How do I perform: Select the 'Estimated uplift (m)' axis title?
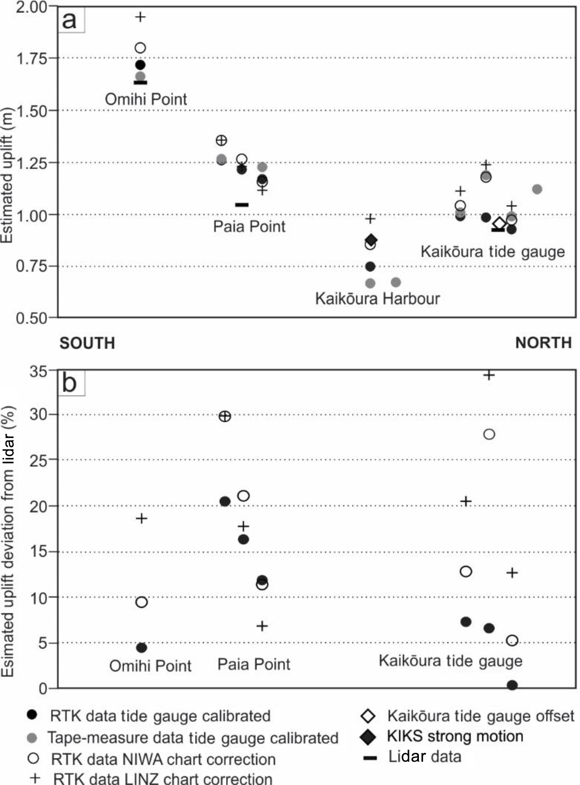[x=7, y=176]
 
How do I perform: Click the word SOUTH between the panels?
[x=87, y=343]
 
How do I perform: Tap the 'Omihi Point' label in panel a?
[x=146, y=99]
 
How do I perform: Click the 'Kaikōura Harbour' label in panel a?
[x=377, y=299]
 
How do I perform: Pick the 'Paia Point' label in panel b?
[x=254, y=664]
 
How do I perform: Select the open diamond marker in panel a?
[x=499, y=223]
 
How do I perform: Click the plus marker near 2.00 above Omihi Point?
[x=140, y=17]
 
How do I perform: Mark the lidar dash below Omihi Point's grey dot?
[x=140, y=82]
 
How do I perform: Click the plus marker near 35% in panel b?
[x=489, y=375]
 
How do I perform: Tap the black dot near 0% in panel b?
[x=512, y=685]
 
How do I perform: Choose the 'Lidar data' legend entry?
[x=424, y=757]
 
